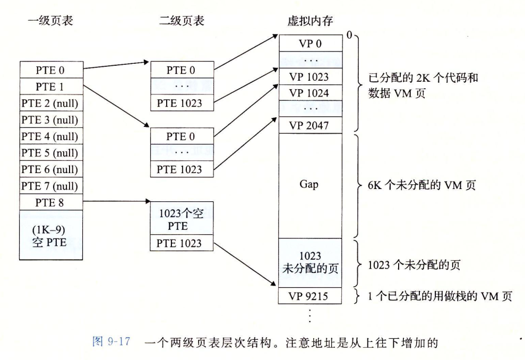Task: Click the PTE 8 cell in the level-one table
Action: [x=51, y=202]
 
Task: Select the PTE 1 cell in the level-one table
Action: [x=51, y=86]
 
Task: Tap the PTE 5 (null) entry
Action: [x=51, y=153]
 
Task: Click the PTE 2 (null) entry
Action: [x=51, y=103]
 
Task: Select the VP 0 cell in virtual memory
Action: [x=310, y=44]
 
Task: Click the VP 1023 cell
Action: [x=310, y=77]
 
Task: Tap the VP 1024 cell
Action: [x=310, y=93]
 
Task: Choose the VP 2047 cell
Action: [x=310, y=125]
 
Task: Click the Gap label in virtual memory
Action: [x=310, y=186]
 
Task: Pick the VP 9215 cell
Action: [x=310, y=296]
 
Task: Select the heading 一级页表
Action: [x=50, y=21]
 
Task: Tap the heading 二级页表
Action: [x=182, y=21]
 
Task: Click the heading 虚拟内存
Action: [x=310, y=21]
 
